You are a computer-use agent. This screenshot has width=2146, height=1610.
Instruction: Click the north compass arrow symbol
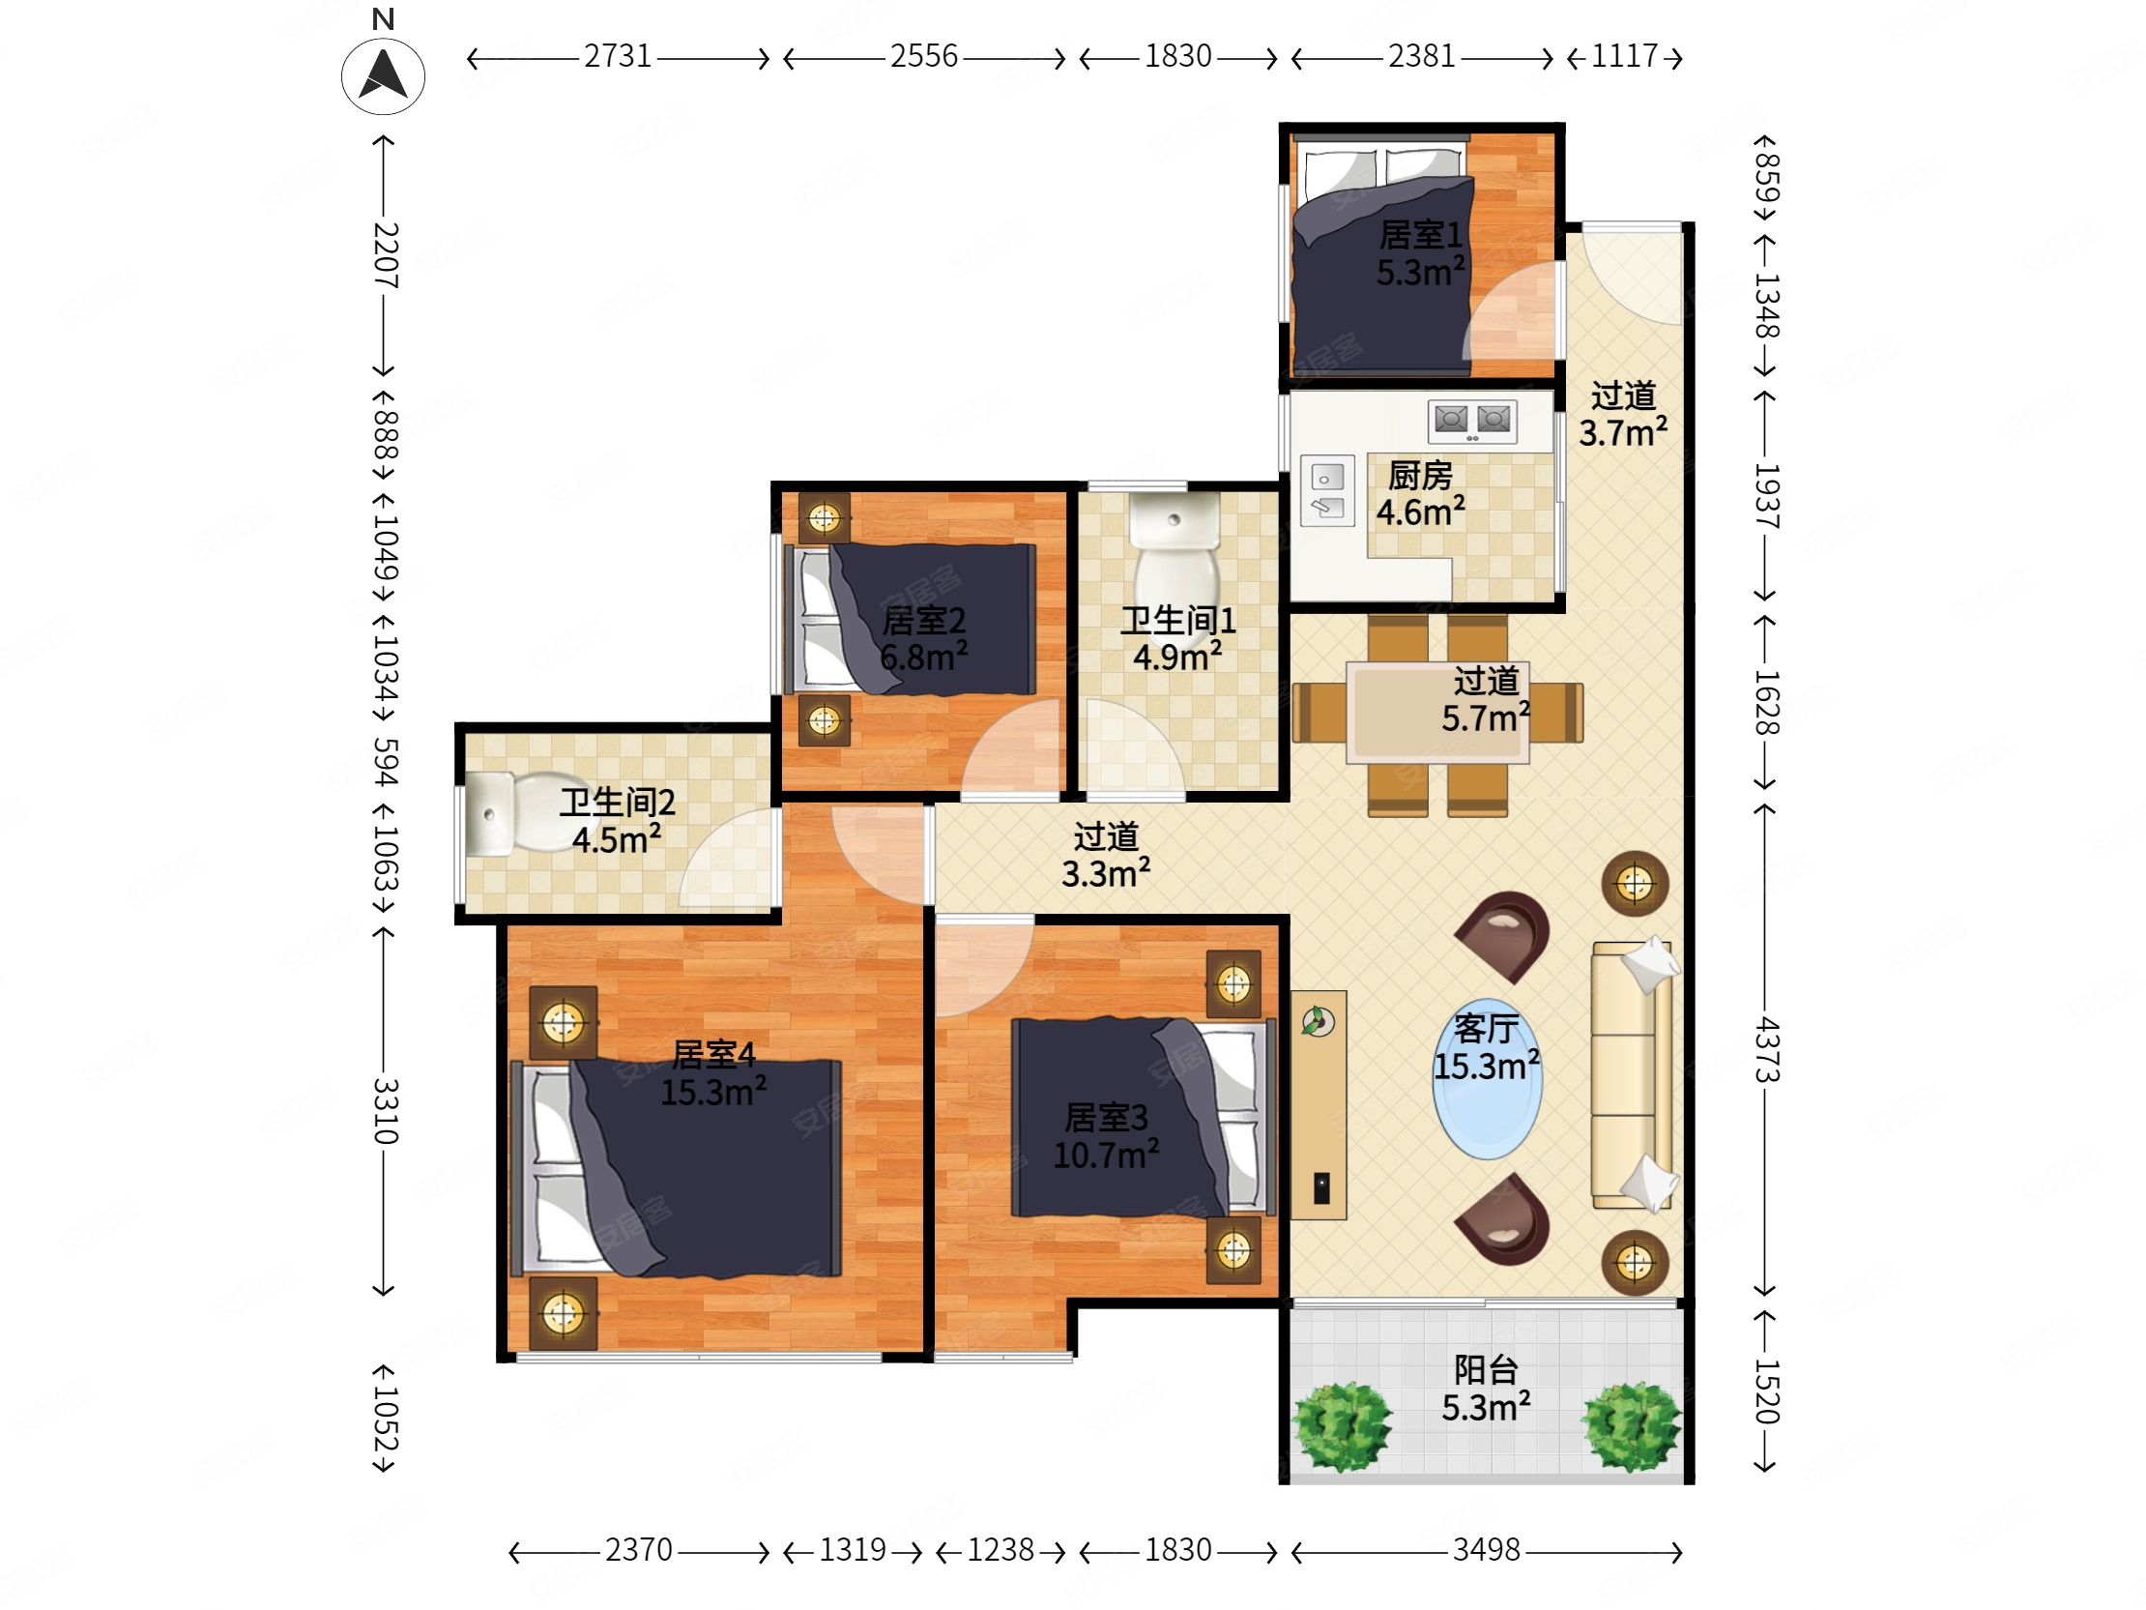coord(383,75)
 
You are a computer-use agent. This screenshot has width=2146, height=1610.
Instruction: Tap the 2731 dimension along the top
coord(618,56)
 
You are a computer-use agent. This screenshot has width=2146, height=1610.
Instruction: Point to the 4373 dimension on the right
coord(1767,1049)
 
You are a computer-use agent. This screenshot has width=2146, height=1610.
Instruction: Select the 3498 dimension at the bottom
coord(1487,1550)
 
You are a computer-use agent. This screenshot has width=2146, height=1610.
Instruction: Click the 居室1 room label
coord(1420,235)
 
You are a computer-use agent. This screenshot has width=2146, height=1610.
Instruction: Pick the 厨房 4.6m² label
coord(1420,494)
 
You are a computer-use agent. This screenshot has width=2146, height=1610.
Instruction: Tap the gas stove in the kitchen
coord(1471,423)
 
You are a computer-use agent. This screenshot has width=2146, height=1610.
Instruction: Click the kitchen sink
coord(1327,491)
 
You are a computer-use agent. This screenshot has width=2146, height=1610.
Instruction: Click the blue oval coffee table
coord(1488,1079)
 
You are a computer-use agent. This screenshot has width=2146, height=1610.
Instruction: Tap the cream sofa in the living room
coord(1634,1074)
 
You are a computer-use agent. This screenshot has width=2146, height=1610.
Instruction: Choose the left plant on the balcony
coord(1342,1426)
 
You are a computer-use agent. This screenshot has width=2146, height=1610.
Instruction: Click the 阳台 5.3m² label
coord(1487,1389)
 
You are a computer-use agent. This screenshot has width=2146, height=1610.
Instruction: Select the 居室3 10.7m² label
coord(1106,1136)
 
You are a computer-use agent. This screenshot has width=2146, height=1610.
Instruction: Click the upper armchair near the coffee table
coord(1504,936)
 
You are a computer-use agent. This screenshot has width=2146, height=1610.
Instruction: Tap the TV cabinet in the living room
coord(1319,1104)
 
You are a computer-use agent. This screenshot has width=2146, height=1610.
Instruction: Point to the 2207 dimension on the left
coord(385,255)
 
